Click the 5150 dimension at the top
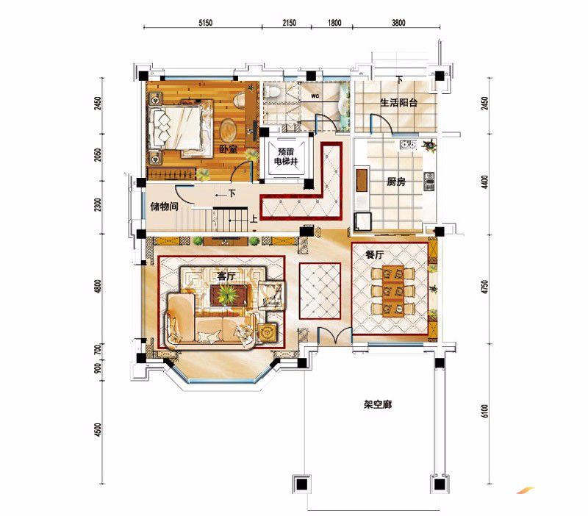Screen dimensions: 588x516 pyautogui.click(x=205, y=23)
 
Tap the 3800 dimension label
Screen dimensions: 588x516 pyautogui.click(x=398, y=23)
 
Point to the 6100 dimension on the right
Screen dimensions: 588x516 pyautogui.click(x=484, y=411)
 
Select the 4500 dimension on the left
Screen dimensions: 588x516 pyautogui.click(x=98, y=430)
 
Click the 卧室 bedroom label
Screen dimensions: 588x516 pyautogui.click(x=229, y=149)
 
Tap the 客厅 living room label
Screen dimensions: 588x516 pyautogui.click(x=226, y=276)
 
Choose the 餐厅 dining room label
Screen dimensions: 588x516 pyautogui.click(x=374, y=255)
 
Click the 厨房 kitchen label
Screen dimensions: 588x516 pyautogui.click(x=396, y=182)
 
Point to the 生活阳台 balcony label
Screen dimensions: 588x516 pyautogui.click(x=398, y=103)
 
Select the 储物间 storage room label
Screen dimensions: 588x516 pyautogui.click(x=164, y=207)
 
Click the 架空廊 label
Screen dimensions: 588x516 pyautogui.click(x=378, y=405)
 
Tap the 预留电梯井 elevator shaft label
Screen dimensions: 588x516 pyautogui.click(x=286, y=157)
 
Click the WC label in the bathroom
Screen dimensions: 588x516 pyautogui.click(x=315, y=96)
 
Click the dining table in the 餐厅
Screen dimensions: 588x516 pyautogui.click(x=393, y=291)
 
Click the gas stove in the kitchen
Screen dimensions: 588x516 pyautogui.click(x=429, y=181)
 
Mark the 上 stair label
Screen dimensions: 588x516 pyautogui.click(x=254, y=218)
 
